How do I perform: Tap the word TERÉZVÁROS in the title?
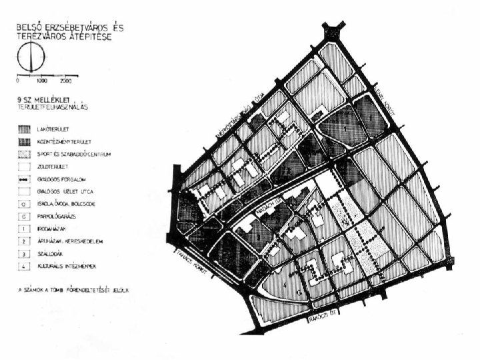pyautogui.click(x=49, y=37)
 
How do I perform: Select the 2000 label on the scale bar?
pyautogui.click(x=65, y=80)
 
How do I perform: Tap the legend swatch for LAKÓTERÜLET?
pyautogui.click(x=24, y=127)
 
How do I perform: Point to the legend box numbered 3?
pyautogui.click(x=24, y=253)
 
